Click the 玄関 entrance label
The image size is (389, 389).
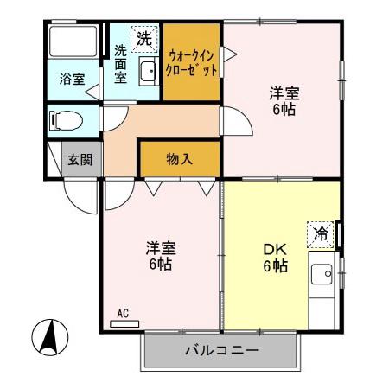pos(82,159)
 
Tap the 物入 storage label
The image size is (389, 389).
pos(179,159)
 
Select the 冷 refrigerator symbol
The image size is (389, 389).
pos(321,233)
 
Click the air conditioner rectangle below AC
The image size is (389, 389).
pos(124,324)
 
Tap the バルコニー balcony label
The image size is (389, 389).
pos(222,350)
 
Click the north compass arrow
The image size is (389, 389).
pos(50,336)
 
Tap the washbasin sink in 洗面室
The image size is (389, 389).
pos(147,73)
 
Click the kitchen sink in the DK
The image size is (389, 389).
pos(323,276)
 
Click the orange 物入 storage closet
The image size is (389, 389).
pos(179,159)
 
